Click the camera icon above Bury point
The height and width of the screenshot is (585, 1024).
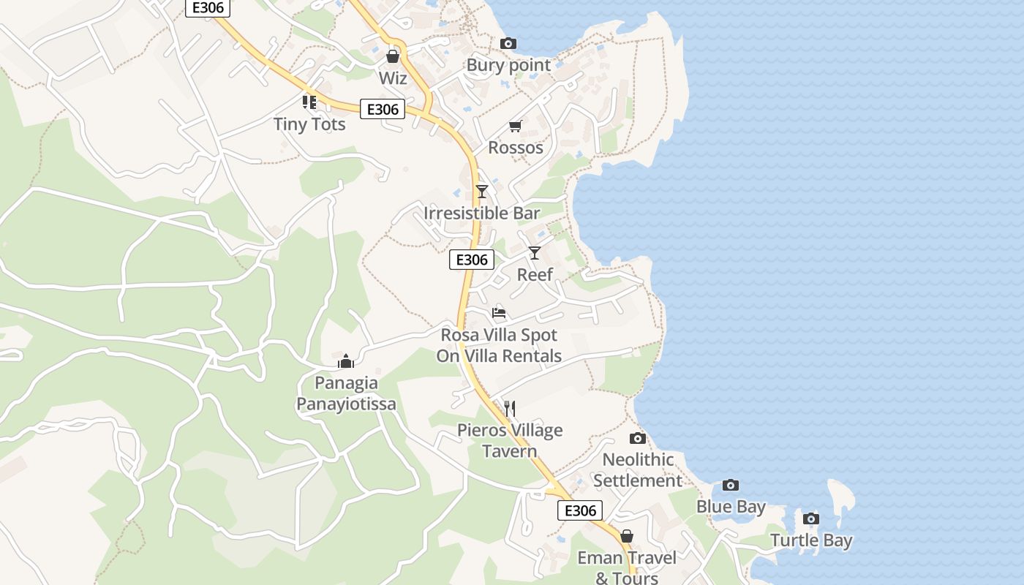[508, 44]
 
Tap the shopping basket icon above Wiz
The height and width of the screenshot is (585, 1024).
[393, 56]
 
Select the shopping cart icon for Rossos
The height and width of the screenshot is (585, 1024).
[516, 127]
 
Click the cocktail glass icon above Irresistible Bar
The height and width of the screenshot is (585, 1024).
[481, 192]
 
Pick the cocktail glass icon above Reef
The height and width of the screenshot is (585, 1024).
[535, 253]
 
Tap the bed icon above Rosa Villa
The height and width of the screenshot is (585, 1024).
[499, 313]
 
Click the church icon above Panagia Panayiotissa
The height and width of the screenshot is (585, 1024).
[346, 361]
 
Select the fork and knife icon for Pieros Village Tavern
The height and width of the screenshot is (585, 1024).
[510, 409]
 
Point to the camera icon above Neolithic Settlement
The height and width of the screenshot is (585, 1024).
[638, 439]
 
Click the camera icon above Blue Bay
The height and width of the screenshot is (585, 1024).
[730, 486]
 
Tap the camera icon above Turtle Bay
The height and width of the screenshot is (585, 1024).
[810, 519]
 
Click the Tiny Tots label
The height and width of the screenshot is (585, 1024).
[309, 124]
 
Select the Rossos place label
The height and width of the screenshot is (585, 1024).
[516, 148]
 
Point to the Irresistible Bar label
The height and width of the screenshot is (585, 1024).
[482, 214]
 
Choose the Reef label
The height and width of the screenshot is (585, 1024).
[535, 275]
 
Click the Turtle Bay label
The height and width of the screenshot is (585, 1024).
[811, 541]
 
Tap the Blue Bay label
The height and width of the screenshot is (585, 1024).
[731, 507]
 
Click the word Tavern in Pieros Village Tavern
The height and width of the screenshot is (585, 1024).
[510, 451]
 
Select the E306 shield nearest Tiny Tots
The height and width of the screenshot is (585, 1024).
[383, 110]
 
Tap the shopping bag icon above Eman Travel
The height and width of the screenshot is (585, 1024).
[626, 537]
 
